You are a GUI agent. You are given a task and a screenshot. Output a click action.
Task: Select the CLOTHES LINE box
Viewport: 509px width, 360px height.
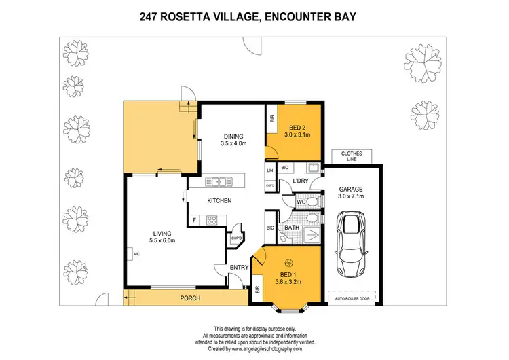(x=352, y=156)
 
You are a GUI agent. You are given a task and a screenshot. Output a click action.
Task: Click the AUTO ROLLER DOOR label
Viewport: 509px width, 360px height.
(x=352, y=297)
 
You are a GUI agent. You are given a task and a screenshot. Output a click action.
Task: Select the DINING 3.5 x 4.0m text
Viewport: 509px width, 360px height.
(x=233, y=139)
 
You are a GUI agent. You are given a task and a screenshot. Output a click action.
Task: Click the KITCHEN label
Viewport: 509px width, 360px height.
(x=221, y=201)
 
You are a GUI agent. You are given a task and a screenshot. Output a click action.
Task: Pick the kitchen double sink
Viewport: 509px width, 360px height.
(x=218, y=181)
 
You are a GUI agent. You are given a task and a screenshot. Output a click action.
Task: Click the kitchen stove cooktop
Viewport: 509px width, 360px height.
(x=210, y=219)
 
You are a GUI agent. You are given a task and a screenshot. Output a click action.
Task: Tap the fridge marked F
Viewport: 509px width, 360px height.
(x=195, y=219)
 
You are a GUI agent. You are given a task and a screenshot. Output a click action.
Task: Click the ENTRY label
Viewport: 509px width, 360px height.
(x=238, y=267)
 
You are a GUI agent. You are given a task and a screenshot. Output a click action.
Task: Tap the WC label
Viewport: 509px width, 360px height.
(x=301, y=202)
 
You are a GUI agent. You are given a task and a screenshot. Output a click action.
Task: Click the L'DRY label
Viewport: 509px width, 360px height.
(x=301, y=180)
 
